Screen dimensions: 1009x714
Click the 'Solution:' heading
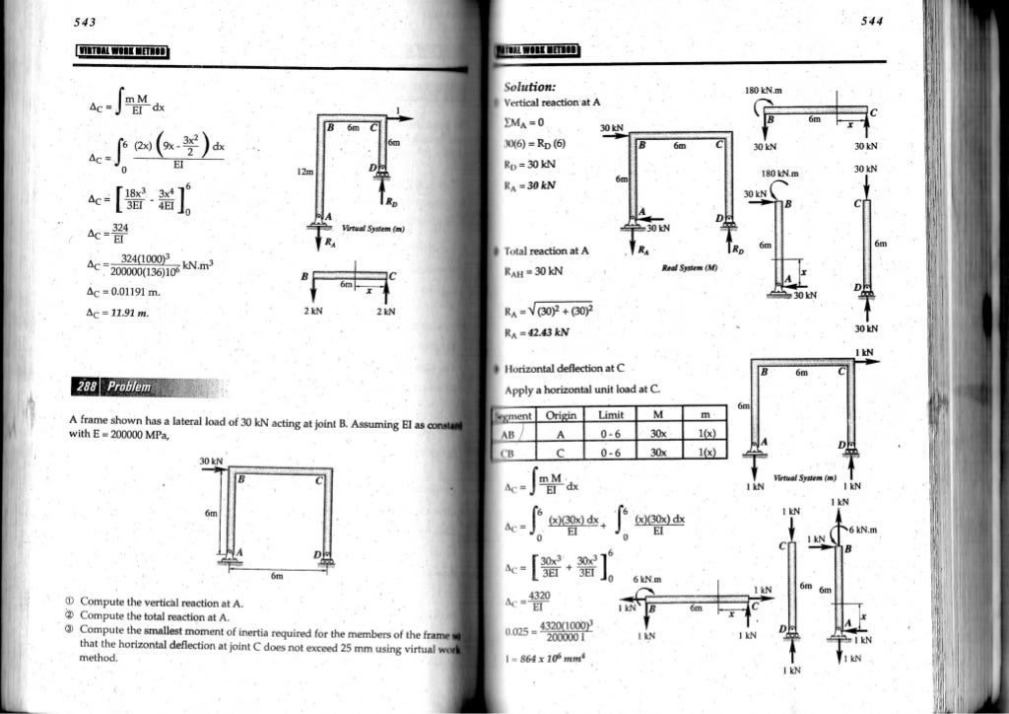click(x=531, y=88)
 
